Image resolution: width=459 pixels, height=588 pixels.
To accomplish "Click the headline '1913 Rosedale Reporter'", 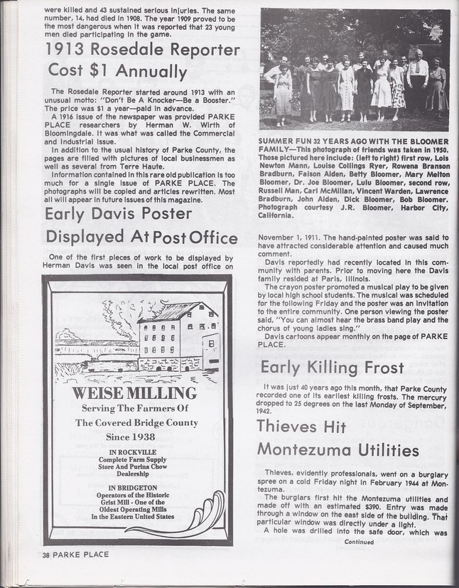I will (x=143, y=50).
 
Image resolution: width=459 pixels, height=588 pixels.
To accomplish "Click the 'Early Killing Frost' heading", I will (x=332, y=368).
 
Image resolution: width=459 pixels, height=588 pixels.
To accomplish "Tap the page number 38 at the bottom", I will (x=45, y=555).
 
